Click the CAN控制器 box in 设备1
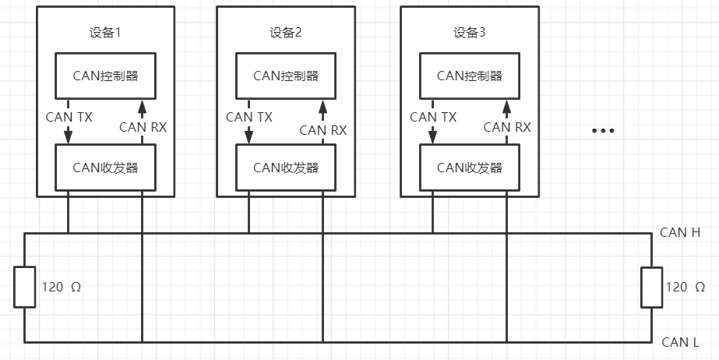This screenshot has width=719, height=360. coord(104,76)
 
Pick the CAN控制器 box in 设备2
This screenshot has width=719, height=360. coord(285,76)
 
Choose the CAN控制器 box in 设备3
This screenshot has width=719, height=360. coord(469,76)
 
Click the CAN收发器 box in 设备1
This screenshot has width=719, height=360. coord(104,168)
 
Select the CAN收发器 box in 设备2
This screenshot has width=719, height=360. coord(285,168)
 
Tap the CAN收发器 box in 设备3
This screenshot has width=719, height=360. coord(469,168)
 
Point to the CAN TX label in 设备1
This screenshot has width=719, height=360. coord(69,117)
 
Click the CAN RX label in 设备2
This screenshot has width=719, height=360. coord(323,130)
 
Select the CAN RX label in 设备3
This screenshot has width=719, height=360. coord(507,127)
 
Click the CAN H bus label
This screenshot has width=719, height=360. coord(680,232)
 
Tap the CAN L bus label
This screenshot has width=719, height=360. coord(679,341)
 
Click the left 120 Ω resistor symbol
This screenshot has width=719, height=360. coord(24,287)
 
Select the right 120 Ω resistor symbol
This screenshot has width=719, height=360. coord(651,287)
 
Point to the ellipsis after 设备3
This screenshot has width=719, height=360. coord(603,131)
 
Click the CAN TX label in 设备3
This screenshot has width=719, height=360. coord(433,117)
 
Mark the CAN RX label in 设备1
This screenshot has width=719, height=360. coord(143,127)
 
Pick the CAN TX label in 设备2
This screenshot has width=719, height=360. coord(249,117)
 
